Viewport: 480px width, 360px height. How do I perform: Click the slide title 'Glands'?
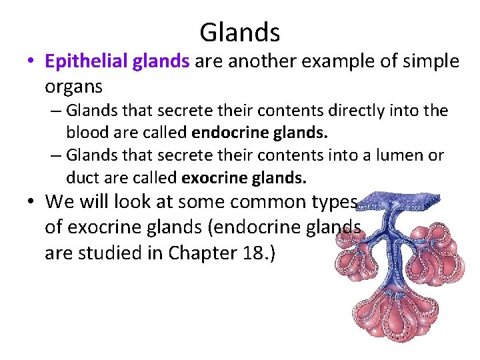239,31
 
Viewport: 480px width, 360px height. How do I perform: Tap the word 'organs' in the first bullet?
73,87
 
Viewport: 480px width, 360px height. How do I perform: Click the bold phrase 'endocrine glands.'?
273,132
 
